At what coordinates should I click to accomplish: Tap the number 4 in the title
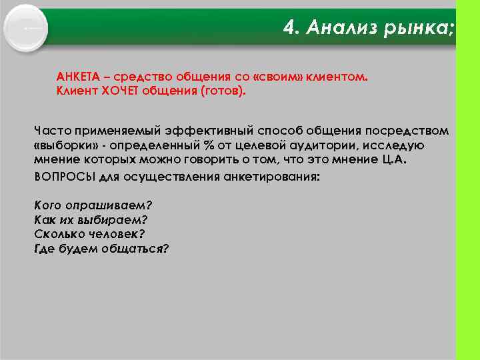pos(289,27)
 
